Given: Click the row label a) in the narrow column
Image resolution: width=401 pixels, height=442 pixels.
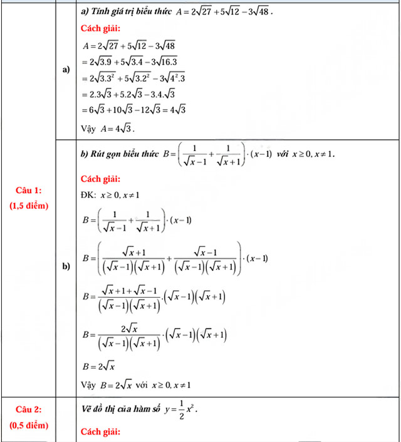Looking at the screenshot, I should pyautogui.click(x=66, y=70).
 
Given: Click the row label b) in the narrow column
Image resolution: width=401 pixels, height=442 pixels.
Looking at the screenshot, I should pyautogui.click(x=66, y=268).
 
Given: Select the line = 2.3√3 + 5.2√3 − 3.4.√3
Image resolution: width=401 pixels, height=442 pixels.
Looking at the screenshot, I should pyautogui.click(x=128, y=94).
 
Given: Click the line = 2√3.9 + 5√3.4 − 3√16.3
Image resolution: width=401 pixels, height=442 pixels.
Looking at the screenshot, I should pyautogui.click(x=129, y=61).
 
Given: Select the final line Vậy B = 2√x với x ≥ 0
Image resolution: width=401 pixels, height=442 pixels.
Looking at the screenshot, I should pyautogui.click(x=136, y=384).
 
